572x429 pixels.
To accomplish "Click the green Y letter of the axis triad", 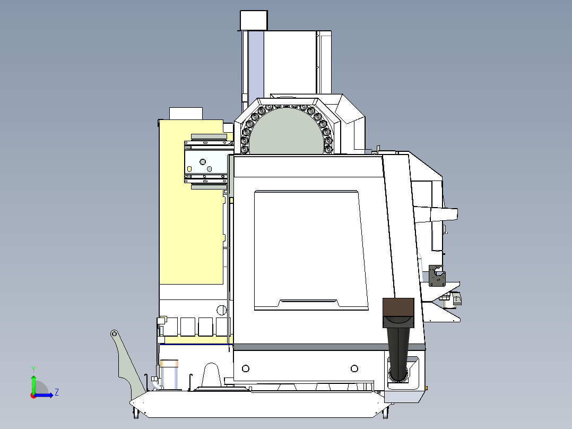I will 33,368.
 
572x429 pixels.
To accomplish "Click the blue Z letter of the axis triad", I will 56,392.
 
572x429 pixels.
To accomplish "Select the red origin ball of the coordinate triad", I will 33,395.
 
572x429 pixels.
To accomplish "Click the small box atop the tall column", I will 254,20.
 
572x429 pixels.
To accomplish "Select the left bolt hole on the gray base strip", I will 245,368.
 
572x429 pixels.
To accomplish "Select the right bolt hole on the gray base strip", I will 354,368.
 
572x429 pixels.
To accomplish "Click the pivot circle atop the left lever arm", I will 114,333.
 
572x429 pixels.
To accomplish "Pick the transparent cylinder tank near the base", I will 169,374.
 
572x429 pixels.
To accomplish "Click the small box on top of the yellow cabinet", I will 186,113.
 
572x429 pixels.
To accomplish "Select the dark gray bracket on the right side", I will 437,276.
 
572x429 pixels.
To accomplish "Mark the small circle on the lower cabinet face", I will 221,310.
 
